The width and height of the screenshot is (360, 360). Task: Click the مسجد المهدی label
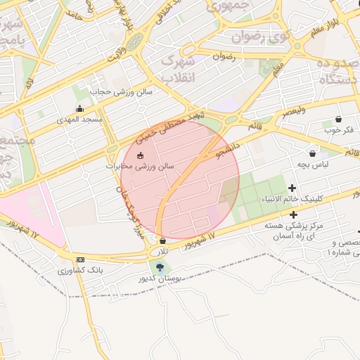80,120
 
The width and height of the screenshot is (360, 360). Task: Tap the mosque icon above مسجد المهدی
79,109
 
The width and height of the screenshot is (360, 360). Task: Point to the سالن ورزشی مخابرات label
140,166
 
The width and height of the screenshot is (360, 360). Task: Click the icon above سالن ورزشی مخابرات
140,155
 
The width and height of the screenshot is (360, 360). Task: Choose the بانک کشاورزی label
81,270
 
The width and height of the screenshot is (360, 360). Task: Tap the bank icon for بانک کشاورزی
81,259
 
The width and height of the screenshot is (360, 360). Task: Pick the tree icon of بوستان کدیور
161,267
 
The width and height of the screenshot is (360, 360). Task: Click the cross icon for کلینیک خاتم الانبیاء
292,188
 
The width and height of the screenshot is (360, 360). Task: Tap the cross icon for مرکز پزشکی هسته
293,214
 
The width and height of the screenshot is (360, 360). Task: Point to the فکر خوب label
338,129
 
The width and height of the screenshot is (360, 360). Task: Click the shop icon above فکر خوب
338,119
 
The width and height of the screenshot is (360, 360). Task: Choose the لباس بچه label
312,164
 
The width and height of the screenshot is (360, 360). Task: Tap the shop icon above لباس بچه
312,153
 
